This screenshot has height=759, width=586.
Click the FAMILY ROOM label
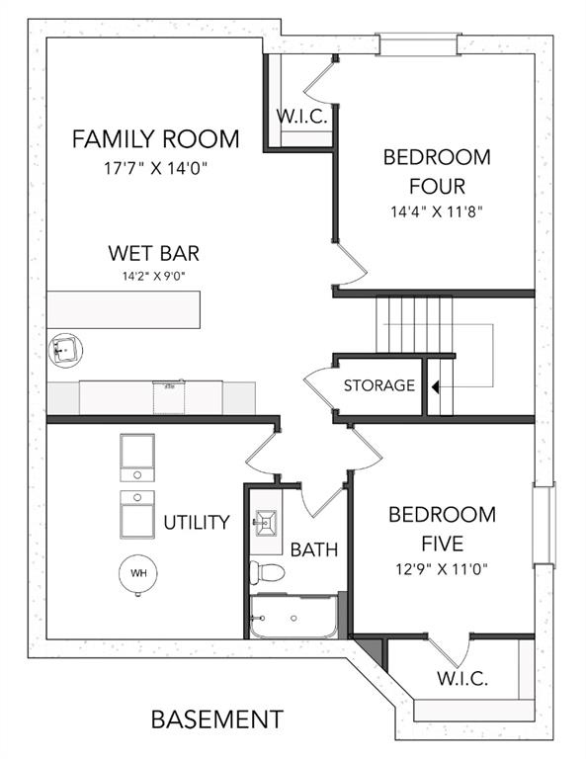pos(155,139)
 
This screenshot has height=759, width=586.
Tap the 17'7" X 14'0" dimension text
pos(155,168)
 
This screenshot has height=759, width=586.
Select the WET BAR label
pos(154,253)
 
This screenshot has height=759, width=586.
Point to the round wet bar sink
pos(65,350)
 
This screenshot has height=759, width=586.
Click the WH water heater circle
pos(138,573)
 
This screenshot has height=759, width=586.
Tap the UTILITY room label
pos(197,522)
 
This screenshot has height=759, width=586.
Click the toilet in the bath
pos(267,572)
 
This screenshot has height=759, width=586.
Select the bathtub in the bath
pos(293,616)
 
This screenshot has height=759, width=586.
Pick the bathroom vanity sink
pos(266,523)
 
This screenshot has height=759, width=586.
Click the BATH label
pos(314,549)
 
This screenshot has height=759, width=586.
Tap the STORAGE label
pos(379,385)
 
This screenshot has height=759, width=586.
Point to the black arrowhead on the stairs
pos(436,386)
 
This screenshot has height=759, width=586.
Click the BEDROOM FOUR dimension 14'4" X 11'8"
pos(437,212)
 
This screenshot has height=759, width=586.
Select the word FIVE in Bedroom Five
pos(443,544)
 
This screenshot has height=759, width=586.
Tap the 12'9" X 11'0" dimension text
pos(442,569)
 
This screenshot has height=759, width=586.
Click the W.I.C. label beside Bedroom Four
pos(301,117)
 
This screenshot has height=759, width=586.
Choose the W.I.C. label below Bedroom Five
pos(462,678)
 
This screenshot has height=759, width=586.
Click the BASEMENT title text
pos(217,719)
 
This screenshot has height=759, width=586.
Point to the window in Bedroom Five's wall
pos(544,524)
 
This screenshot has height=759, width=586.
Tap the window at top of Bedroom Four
pos(418,43)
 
